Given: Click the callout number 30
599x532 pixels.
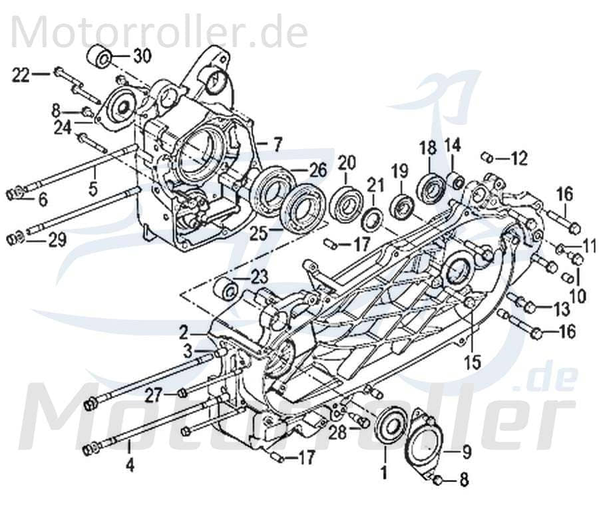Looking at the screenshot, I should pyautogui.click(x=142, y=56).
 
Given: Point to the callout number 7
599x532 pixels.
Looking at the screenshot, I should pyautogui.click(x=278, y=142).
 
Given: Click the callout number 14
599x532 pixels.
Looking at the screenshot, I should pyautogui.click(x=453, y=144).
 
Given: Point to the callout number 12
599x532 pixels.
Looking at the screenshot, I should pyautogui.click(x=518, y=158).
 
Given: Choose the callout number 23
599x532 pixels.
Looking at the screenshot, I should pyautogui.click(x=259, y=276).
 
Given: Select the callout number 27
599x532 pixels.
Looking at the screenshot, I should pyautogui.click(x=154, y=395).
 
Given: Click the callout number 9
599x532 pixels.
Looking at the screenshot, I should pyautogui.click(x=465, y=454).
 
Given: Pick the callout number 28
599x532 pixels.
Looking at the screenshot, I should pyautogui.click(x=338, y=432).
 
